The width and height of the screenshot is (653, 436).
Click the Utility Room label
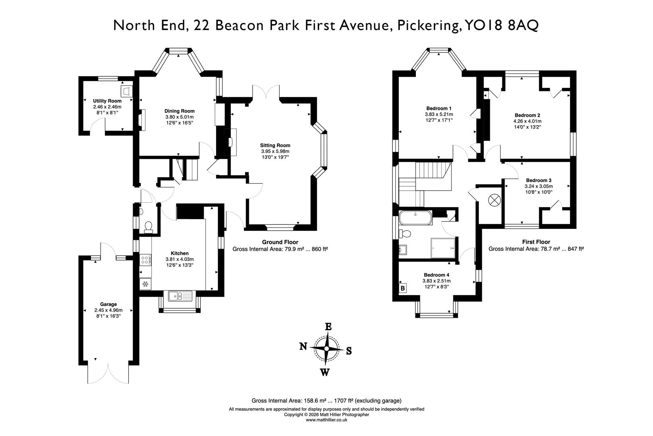107,101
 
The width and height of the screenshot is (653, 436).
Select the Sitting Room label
275,145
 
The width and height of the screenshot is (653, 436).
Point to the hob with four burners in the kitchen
145,260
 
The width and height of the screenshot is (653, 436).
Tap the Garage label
108,304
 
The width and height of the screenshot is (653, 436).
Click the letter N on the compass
303,346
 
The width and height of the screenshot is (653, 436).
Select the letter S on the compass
349,351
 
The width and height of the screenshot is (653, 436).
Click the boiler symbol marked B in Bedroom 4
403,288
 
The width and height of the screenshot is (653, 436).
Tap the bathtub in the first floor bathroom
415,218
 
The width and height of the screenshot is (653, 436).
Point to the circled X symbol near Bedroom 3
494,199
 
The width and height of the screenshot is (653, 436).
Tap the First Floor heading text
536,242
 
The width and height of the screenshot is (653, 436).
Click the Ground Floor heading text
280,242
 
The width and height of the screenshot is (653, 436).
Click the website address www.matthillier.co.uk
326,420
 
